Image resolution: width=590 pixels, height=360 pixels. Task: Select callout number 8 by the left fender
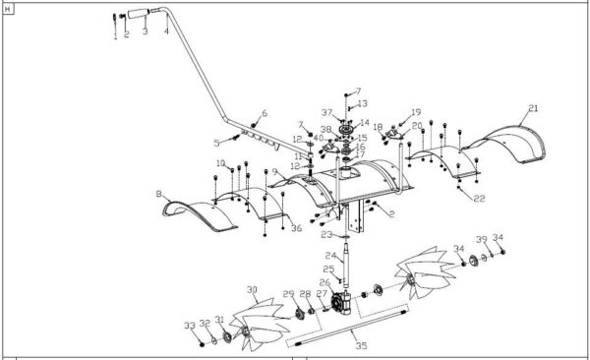[x=158, y=196]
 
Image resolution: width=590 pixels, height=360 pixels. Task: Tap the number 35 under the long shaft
[x=361, y=345]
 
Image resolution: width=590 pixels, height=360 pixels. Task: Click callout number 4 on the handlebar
[x=166, y=31]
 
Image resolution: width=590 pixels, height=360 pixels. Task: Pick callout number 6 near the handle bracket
[x=265, y=113]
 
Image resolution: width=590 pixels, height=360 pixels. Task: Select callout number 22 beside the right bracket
[x=480, y=199]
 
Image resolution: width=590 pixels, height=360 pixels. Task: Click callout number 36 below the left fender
[x=295, y=228]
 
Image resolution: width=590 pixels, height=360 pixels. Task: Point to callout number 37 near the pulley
[x=325, y=113]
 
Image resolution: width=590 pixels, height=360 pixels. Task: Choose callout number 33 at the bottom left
[x=189, y=325]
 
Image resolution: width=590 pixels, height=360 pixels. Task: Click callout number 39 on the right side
[x=481, y=240]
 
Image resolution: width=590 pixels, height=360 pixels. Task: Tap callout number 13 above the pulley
[x=362, y=103]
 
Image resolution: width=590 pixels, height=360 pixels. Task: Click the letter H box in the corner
[x=9, y=7]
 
